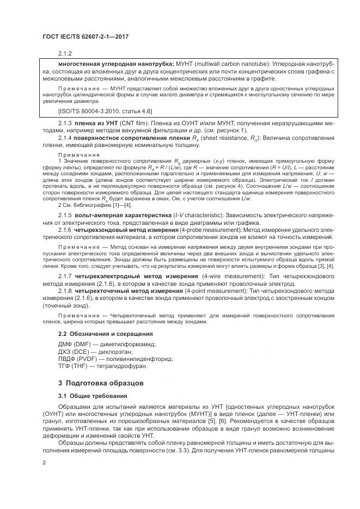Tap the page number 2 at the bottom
click(x=45, y=462)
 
